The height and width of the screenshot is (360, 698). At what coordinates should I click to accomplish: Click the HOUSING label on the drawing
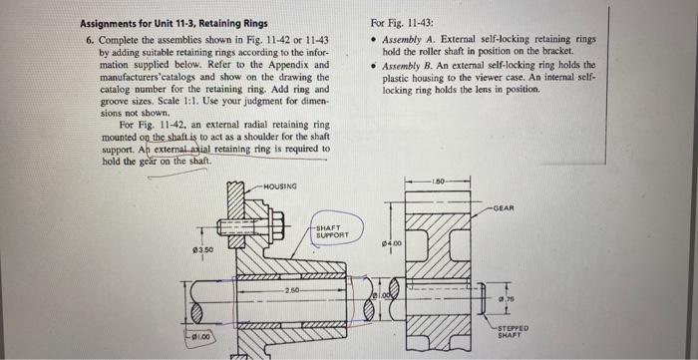tap(281, 186)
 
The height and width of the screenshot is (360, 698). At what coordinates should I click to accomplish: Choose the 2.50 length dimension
tap(290, 289)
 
